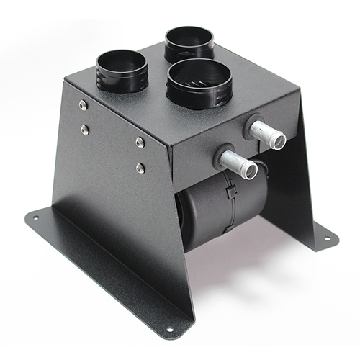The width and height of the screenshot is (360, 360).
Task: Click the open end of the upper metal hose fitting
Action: point(276,138)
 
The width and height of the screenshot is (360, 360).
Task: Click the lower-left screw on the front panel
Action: point(85,130)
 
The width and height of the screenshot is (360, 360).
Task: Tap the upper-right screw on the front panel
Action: point(140,143)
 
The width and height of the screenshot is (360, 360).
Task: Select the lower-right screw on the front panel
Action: point(140,168)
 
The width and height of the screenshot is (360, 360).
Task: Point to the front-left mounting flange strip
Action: point(101,274)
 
